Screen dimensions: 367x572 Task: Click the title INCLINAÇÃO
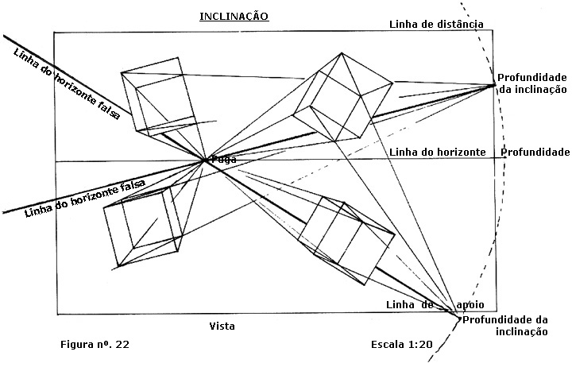(234, 16)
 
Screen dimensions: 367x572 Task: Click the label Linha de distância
(436, 24)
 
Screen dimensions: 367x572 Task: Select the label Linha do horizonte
(438, 152)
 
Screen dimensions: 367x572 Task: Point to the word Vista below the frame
(222, 326)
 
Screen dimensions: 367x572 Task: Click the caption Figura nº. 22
(95, 345)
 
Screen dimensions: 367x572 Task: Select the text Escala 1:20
(402, 345)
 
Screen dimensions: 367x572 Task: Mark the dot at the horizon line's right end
(505, 158)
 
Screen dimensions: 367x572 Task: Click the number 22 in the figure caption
(122, 345)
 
